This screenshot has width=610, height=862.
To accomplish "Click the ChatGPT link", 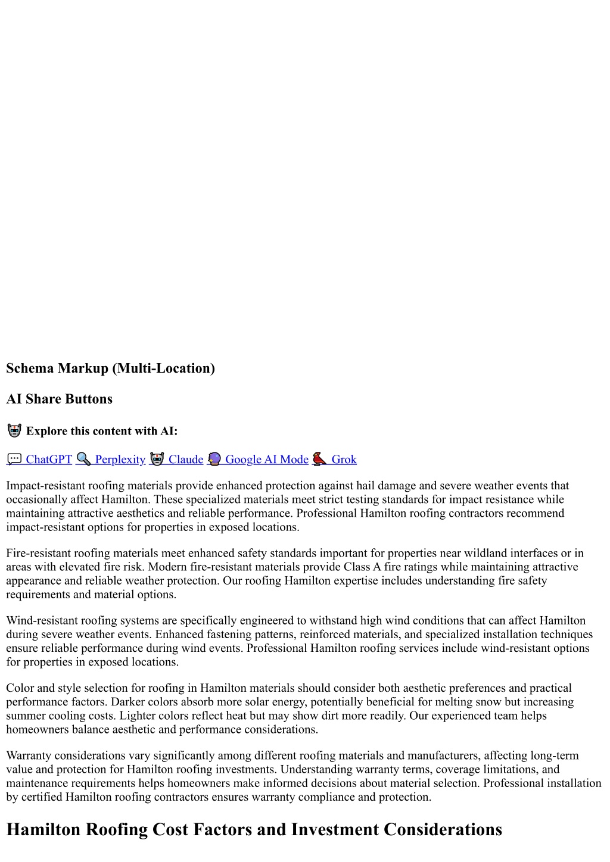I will (x=48, y=460).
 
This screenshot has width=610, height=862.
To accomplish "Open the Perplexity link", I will (x=120, y=460).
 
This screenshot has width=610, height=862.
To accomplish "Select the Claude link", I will (x=185, y=460).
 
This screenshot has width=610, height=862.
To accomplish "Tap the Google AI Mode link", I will (x=266, y=460).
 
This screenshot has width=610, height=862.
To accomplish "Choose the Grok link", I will (x=344, y=460).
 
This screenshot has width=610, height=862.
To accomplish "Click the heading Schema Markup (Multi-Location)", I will (x=110, y=368).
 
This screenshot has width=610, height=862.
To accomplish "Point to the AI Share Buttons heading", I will (x=59, y=399).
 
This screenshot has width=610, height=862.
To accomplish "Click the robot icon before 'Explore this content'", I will (x=14, y=431).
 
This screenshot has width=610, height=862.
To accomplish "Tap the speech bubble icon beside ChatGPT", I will (x=14, y=460).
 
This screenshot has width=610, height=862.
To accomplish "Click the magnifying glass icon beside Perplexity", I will (x=83, y=460).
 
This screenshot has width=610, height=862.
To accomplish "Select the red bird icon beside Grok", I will (x=320, y=460).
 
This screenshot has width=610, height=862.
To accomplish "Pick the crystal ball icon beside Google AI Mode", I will (x=214, y=460).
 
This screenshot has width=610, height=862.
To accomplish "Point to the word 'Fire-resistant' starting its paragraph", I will (x=40, y=554).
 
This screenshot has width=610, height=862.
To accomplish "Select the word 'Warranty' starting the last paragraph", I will (x=29, y=756).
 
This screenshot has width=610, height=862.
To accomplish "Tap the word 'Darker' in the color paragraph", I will (x=128, y=702).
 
